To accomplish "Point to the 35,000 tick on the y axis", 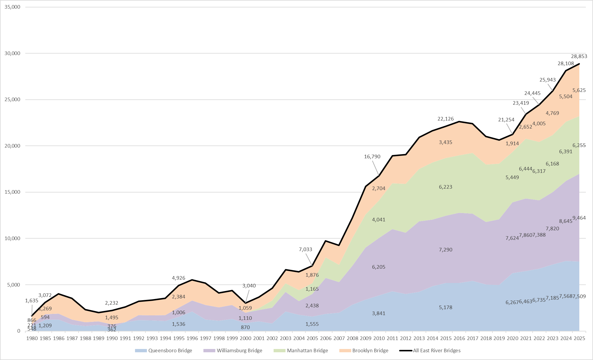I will tap(12, 7).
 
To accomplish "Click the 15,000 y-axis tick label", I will tap(12, 192).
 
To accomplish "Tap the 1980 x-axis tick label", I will tap(32, 338).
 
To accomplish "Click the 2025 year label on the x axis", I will tap(579, 338).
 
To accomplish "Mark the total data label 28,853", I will tap(579, 56).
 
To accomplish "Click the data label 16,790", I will tap(372, 157).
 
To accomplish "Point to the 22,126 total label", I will tap(445, 119).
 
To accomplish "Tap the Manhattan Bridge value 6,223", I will tap(445, 187).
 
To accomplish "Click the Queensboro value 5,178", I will tap(445, 307).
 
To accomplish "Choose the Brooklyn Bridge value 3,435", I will tap(445, 142).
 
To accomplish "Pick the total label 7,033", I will tap(305, 249).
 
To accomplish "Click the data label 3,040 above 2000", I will tap(249, 286).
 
